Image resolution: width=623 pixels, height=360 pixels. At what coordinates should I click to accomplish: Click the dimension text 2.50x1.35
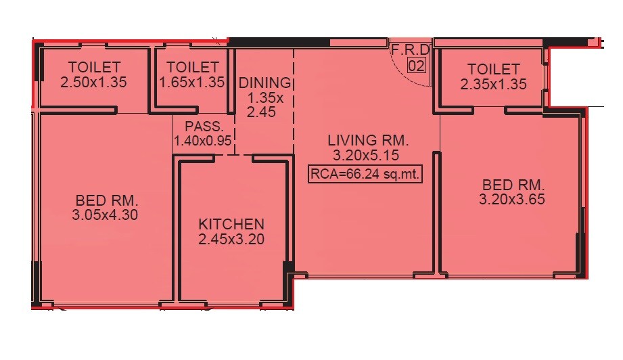pos(95,83)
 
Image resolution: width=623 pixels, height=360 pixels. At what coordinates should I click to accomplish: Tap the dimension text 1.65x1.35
pos(191,83)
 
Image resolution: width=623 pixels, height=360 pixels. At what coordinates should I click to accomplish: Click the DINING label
pos(264,83)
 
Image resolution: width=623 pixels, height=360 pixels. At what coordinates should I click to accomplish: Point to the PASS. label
pos(204,127)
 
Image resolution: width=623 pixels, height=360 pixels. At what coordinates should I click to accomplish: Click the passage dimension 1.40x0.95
pos(204,141)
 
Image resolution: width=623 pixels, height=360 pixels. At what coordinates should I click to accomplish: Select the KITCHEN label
pos(231,224)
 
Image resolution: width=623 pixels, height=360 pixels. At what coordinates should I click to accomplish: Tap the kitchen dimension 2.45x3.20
pos(231,239)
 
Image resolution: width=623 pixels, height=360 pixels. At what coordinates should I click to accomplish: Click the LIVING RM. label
pos(368,141)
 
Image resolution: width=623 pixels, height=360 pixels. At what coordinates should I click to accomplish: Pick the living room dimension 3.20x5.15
pos(368,156)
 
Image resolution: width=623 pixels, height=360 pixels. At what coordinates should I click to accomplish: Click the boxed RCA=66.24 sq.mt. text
pos(365,174)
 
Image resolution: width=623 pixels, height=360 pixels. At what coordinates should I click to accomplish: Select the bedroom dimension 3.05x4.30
pos(107,215)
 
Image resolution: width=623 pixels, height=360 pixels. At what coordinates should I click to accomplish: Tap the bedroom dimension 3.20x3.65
pos(512,200)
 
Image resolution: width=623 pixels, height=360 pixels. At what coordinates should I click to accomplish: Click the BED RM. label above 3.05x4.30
pos(107,200)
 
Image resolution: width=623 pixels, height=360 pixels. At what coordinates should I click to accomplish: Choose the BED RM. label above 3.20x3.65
pos(513,185)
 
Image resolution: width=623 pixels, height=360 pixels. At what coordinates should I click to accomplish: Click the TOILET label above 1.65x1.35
pos(192,68)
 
